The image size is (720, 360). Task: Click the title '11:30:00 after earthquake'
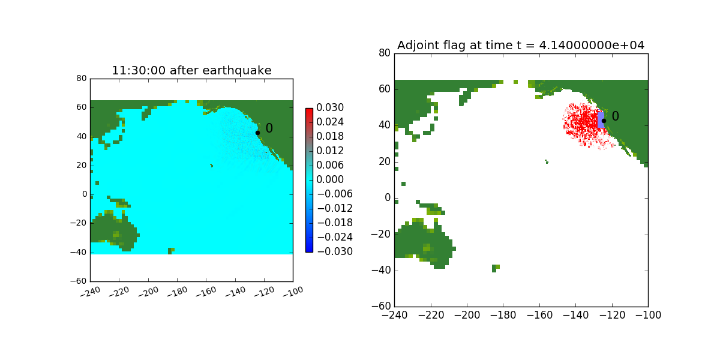point(191,70)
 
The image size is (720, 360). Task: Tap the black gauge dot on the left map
point(257,133)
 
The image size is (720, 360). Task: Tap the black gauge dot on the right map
point(604,121)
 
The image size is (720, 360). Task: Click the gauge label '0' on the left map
point(269,128)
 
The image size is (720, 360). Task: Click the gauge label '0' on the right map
point(615,116)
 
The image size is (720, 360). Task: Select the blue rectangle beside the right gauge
point(601,119)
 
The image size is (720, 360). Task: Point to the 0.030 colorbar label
point(331,108)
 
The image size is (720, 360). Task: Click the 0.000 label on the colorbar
point(331,179)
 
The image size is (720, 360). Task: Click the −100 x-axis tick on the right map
point(647,315)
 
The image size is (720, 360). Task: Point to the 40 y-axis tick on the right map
point(385,125)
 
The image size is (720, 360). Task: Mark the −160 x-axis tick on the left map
point(205,292)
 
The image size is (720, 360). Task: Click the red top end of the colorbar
point(309,111)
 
